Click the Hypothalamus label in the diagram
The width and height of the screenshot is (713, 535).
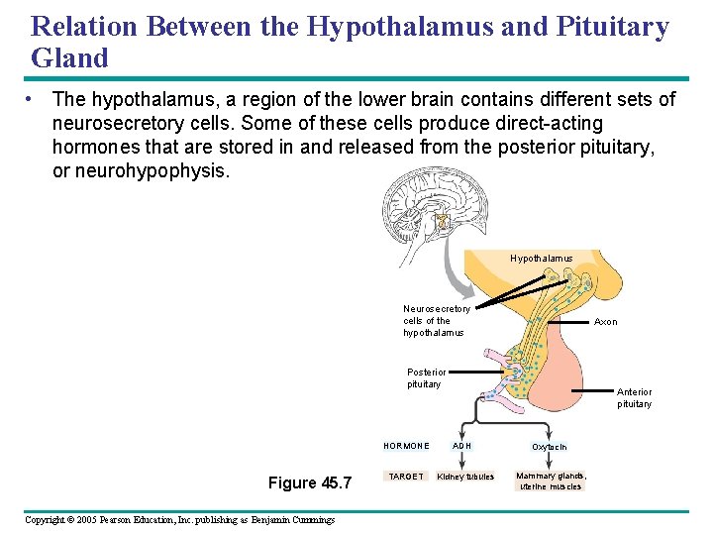541,259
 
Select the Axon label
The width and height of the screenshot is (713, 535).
605,322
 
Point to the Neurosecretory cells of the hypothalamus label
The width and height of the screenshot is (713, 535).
436,320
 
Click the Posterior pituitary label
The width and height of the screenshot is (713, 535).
426,378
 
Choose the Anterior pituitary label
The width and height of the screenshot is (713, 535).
635,397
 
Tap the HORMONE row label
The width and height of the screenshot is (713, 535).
406,446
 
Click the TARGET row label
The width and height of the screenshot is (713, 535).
406,477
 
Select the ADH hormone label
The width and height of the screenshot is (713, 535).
462,446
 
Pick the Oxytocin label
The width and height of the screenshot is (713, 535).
550,447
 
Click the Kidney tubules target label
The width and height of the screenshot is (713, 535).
465,478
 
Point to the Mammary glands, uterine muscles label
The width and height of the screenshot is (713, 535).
551,481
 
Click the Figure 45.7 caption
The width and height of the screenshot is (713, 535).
310,483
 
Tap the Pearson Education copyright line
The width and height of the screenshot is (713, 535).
179,520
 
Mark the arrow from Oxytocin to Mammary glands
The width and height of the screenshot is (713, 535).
550,462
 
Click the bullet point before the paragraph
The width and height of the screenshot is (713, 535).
33,99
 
